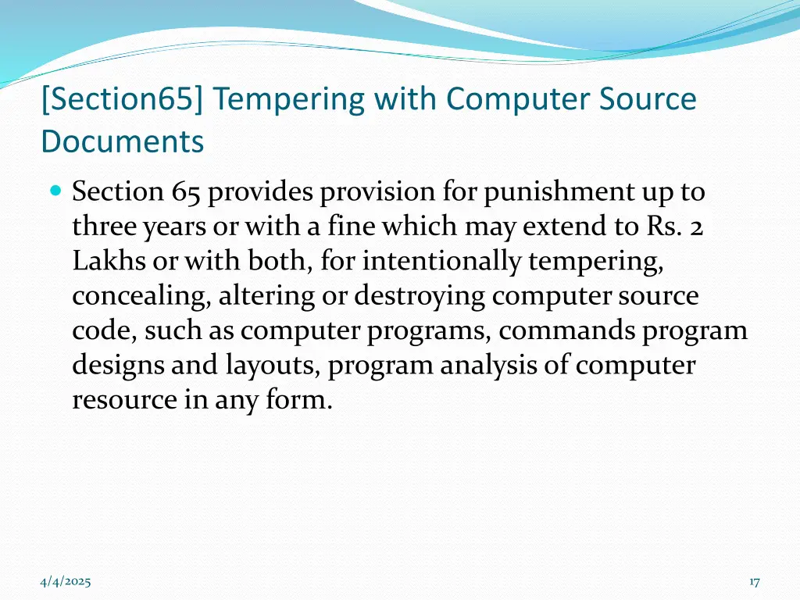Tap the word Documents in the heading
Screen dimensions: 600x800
123,141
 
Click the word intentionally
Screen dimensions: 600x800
441,261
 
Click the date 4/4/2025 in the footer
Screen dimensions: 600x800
66,581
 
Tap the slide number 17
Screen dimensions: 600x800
754,581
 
